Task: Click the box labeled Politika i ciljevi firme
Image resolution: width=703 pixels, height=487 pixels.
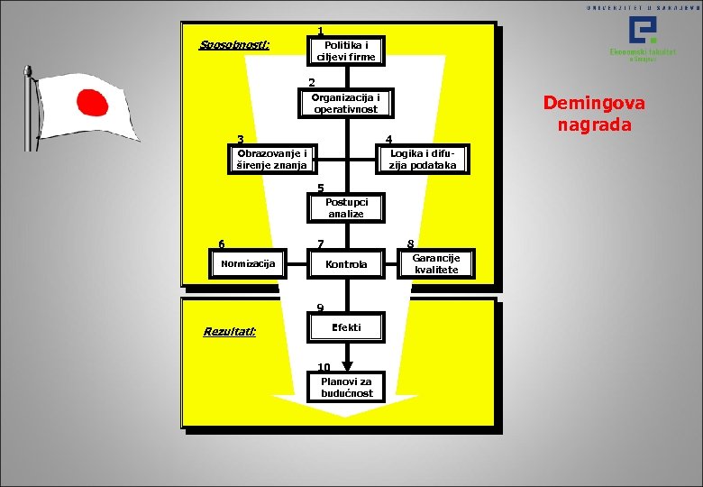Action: (x=345, y=51)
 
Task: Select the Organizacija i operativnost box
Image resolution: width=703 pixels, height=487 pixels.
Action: (x=345, y=104)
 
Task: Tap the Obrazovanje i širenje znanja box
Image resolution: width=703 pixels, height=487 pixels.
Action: (x=271, y=159)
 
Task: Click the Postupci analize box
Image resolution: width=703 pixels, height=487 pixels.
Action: (x=345, y=208)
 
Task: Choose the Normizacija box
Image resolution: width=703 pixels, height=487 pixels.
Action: (x=248, y=263)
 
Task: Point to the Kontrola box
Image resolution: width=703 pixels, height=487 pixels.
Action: (x=346, y=264)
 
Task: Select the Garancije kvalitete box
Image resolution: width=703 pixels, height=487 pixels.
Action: (x=436, y=263)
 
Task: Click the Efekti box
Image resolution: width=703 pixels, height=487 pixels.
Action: (x=346, y=327)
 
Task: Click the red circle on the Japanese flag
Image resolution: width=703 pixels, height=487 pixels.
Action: (x=88, y=101)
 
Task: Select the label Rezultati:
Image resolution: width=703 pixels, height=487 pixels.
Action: (x=230, y=332)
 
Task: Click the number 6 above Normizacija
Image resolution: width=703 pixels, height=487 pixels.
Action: (x=222, y=243)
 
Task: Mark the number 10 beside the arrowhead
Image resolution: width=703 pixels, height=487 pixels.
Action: (x=324, y=366)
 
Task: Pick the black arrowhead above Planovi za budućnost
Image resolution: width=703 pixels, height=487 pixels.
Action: (x=347, y=366)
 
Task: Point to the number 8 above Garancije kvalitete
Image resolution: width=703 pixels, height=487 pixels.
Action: (x=410, y=243)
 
